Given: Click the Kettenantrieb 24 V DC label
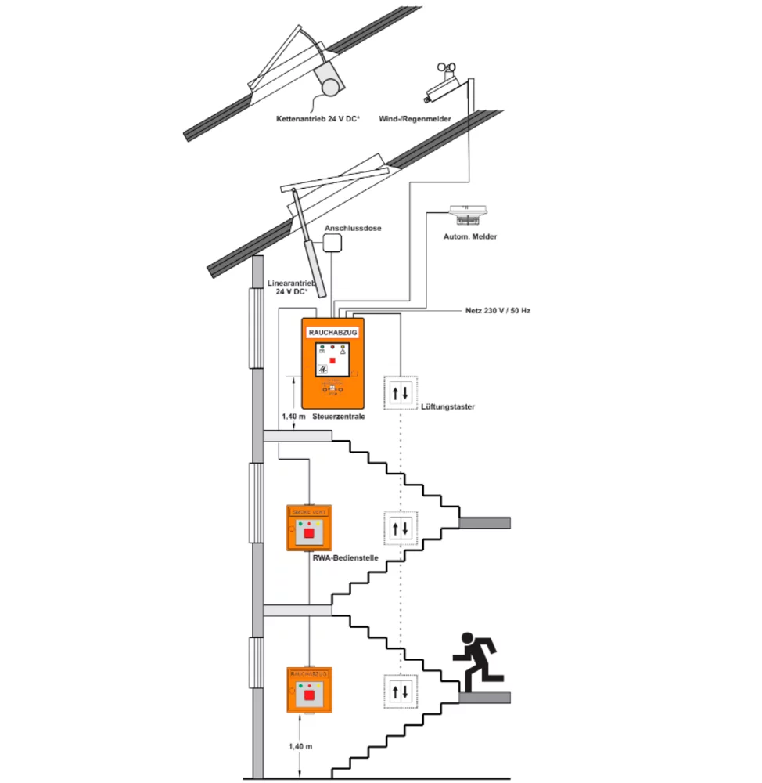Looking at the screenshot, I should tap(318, 119).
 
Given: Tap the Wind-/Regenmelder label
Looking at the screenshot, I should tap(415, 119).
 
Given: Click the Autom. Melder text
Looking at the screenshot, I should tap(470, 236).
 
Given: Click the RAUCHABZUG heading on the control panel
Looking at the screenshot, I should tap(332, 332).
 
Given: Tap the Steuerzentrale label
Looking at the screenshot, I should tap(339, 417).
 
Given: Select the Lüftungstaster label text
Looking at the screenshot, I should tap(447, 406).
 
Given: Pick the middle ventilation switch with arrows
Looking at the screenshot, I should tap(401, 528).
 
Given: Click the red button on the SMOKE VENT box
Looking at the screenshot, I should tap(309, 533).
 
